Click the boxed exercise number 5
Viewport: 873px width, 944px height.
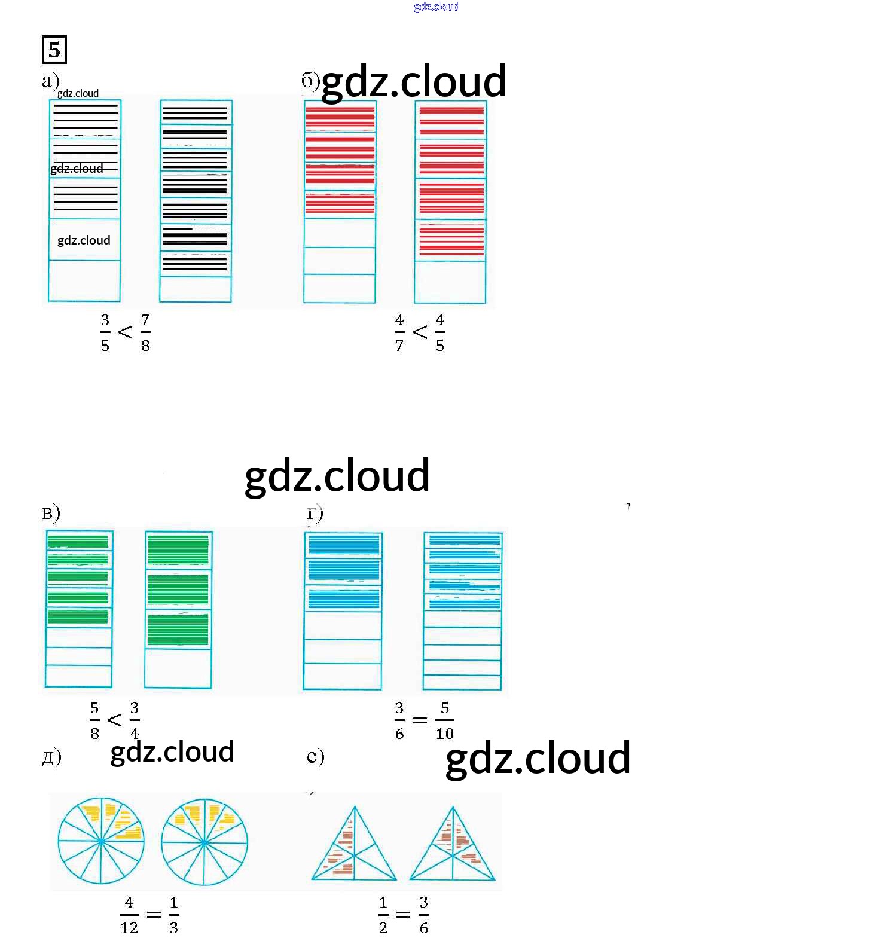54,49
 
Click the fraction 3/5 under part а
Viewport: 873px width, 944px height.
105,332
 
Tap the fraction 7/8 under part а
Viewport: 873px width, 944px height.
145,332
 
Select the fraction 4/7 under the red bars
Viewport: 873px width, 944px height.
399,332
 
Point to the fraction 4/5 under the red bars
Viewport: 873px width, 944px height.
440,332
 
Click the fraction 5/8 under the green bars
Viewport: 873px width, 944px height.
94,720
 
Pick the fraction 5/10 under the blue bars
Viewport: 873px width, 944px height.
444,720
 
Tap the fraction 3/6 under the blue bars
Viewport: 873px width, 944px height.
399,720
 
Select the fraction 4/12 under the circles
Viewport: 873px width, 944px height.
129,915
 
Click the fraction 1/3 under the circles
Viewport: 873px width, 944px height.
174,915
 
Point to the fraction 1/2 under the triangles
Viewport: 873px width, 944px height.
383,915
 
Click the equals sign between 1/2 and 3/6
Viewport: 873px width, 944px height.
404,915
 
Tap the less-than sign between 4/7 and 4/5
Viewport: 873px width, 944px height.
420,332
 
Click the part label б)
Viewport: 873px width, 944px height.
310,81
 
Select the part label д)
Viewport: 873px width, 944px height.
52,757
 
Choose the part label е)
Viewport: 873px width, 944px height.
315,756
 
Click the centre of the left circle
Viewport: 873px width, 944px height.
101,841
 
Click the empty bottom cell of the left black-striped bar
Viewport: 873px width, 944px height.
84,280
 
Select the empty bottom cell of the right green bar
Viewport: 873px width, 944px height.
178,668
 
